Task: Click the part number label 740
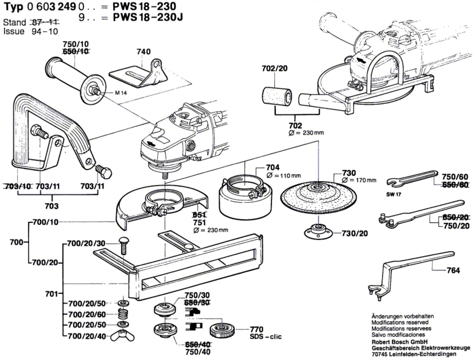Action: (x=144, y=51)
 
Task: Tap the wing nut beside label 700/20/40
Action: (x=123, y=337)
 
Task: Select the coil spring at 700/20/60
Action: (x=123, y=314)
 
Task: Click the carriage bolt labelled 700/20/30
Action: (x=123, y=245)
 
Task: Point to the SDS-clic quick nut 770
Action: (x=222, y=330)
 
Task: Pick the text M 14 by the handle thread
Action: (x=121, y=93)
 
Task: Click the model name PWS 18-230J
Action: (x=148, y=17)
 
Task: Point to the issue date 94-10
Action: (x=45, y=32)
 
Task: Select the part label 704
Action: (x=273, y=168)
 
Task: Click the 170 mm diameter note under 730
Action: (x=359, y=180)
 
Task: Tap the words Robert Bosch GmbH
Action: (x=400, y=342)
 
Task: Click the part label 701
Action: (x=51, y=294)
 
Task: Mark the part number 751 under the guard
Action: (x=200, y=223)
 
